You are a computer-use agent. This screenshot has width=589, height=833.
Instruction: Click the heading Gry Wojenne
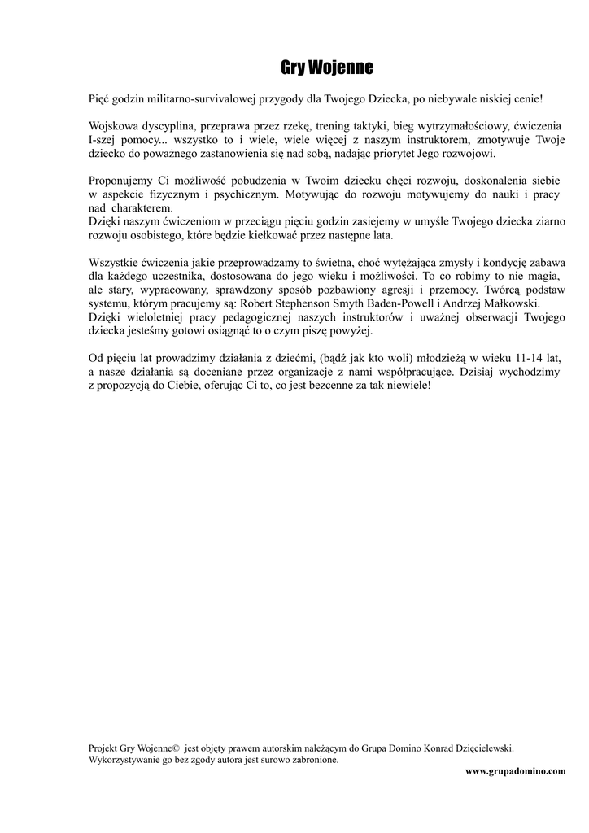click(x=327, y=68)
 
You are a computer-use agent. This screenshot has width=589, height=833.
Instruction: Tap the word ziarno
click(x=549, y=222)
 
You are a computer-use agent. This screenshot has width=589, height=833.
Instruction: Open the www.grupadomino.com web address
click(x=515, y=771)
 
